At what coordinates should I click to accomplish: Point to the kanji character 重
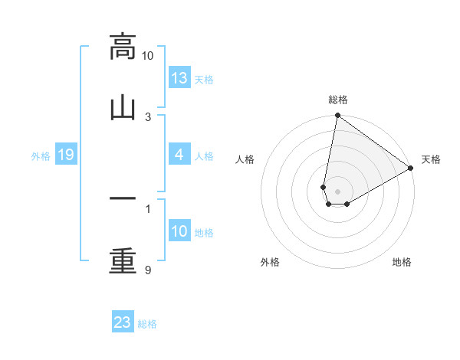(123, 260)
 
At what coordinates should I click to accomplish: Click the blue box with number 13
(179, 79)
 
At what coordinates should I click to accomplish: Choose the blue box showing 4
(179, 155)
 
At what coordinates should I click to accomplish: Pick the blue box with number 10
(179, 232)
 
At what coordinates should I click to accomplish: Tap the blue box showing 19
(66, 155)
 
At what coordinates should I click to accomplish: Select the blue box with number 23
(123, 322)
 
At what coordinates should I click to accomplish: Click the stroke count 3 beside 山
(148, 116)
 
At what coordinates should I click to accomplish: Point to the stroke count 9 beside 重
(148, 270)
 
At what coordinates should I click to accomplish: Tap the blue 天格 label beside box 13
(204, 80)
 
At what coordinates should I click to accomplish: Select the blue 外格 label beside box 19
(41, 156)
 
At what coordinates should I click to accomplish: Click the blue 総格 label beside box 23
(147, 323)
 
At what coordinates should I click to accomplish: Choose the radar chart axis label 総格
(338, 100)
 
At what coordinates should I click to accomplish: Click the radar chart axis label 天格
(431, 159)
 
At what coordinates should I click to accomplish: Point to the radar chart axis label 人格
(245, 159)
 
